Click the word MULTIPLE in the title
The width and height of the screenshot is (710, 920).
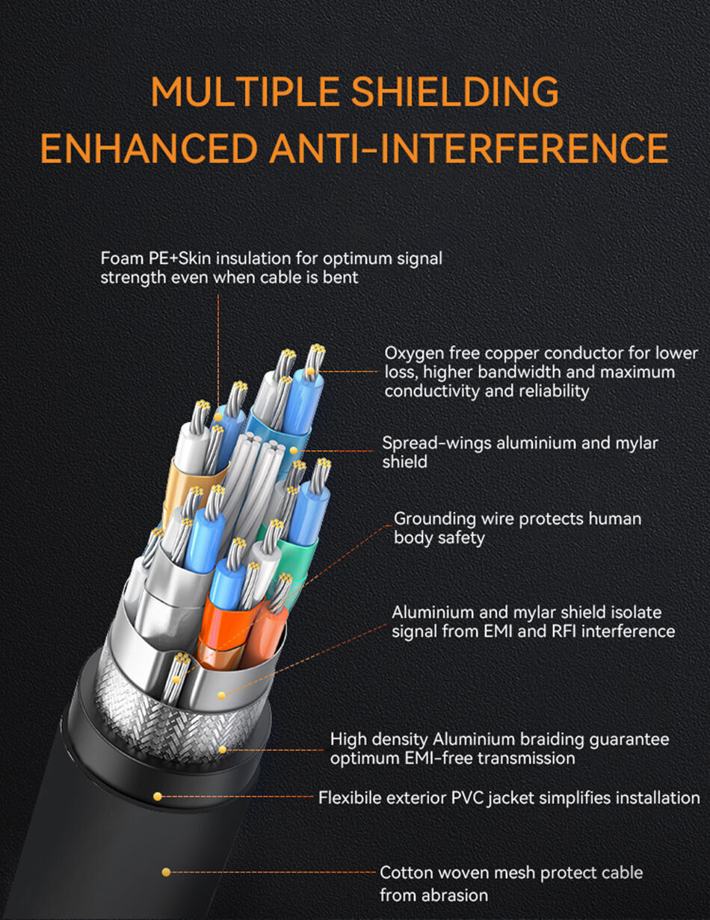(x=244, y=91)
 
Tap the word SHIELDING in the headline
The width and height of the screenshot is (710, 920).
(x=455, y=91)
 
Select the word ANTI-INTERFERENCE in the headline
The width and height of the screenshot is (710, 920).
(x=469, y=148)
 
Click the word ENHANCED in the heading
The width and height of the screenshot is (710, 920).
(x=149, y=148)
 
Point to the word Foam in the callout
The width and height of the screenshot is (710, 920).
(x=122, y=259)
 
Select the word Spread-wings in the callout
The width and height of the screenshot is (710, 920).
(x=436, y=444)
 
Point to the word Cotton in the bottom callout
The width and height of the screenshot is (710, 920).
(x=408, y=873)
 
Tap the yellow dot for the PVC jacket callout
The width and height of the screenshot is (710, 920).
(x=158, y=797)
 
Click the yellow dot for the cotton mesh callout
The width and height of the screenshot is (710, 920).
(x=166, y=872)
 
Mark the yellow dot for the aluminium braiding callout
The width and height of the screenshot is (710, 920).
(x=222, y=750)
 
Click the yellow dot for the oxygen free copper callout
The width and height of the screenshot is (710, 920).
(x=310, y=371)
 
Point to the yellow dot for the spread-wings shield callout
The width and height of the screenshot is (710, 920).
(x=294, y=451)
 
